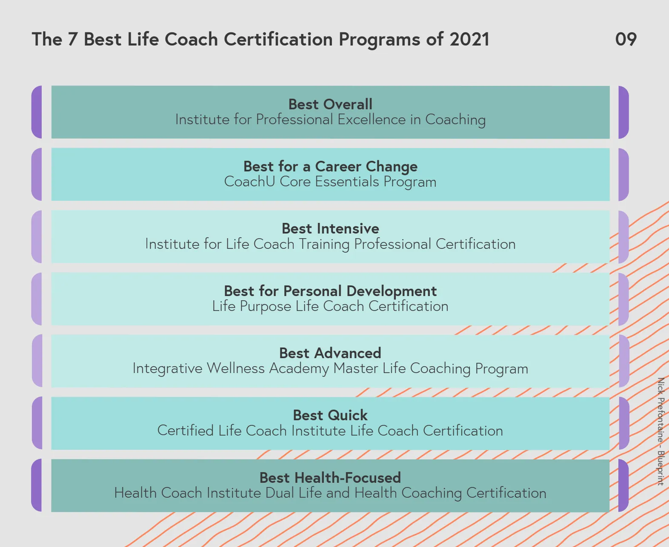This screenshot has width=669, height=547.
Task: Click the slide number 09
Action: pos(626,39)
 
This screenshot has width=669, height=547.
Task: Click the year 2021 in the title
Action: pos(469,39)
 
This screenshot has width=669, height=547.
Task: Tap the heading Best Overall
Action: pos(330,104)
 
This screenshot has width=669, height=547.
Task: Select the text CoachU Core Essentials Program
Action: pos(330,182)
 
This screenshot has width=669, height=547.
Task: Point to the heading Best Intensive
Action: pos(330,229)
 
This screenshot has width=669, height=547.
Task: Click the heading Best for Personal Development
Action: pos(330,291)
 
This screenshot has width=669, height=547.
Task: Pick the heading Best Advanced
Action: pos(330,353)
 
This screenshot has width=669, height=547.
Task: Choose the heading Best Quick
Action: pos(330,416)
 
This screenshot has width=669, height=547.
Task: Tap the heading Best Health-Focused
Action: pos(330,478)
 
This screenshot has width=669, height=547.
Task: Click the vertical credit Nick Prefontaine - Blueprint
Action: pos(661,431)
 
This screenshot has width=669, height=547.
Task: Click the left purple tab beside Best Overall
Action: pos(37,112)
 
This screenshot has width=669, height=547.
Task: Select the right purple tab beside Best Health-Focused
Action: pos(623,485)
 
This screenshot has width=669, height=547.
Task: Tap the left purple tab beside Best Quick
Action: pos(37,423)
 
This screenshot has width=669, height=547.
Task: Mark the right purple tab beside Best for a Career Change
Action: pos(623,174)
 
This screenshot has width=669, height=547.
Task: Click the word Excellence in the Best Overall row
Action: pos(372,120)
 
